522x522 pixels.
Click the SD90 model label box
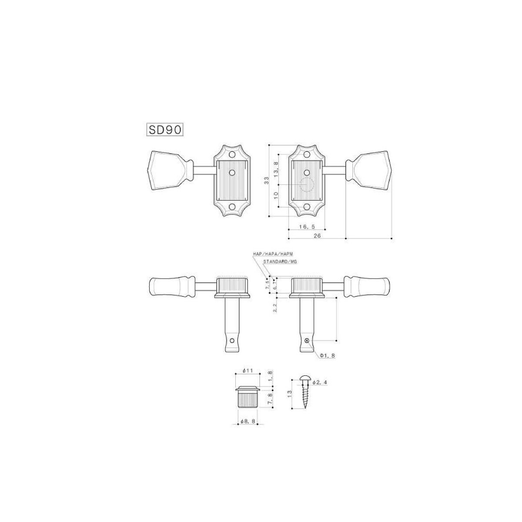click(x=165, y=130)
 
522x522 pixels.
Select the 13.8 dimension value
click(x=276, y=170)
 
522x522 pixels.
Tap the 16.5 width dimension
click(x=307, y=227)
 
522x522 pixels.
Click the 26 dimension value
click(x=317, y=236)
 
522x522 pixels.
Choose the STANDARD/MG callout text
click(x=278, y=262)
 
